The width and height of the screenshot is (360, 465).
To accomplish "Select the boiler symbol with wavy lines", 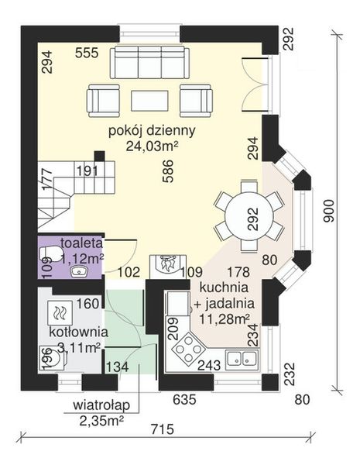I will [60, 314].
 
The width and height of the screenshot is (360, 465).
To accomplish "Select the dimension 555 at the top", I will [87, 53].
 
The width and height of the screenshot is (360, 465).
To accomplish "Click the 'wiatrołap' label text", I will [102, 406].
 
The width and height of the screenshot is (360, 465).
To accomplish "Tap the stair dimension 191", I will [87, 171].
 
